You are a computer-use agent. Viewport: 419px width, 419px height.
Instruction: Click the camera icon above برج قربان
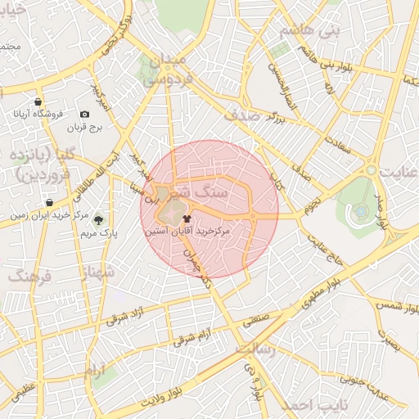click(x=84, y=115)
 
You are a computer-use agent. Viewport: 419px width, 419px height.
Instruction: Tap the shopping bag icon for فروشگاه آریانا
click(x=38, y=101)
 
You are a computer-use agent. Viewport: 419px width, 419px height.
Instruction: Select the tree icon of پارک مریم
click(x=98, y=219)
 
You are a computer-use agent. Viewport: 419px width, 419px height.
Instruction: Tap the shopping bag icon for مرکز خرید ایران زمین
click(x=50, y=202)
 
